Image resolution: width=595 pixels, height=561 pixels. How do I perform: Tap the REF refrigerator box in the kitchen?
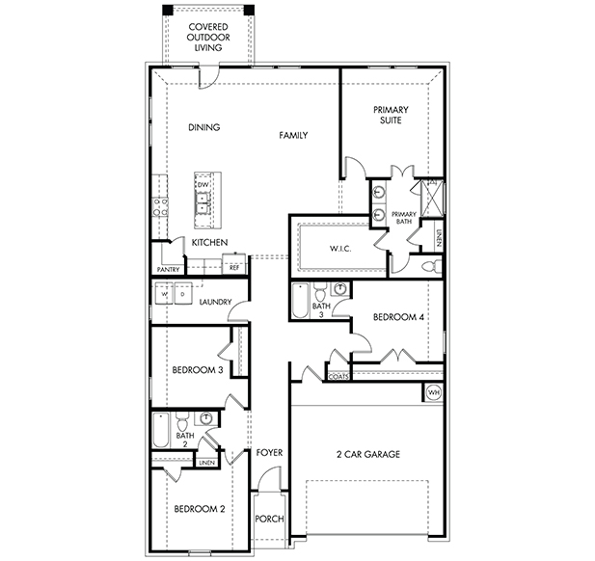(234, 263)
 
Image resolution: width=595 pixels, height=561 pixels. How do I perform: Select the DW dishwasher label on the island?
(203, 185)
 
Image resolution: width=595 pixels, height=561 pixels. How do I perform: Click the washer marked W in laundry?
(164, 293)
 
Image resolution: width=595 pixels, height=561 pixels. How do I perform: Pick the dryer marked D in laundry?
(183, 293)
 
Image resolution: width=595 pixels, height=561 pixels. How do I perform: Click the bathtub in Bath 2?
(160, 431)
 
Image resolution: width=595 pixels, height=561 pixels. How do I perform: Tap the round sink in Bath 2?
(206, 418)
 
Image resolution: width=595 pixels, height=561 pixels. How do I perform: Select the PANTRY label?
(168, 269)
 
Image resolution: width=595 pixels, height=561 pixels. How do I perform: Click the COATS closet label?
(338, 377)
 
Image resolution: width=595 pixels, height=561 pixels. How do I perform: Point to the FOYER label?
(269, 452)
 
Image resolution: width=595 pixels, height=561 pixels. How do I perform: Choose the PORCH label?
(269, 519)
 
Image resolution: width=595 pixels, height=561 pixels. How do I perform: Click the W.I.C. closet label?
(340, 249)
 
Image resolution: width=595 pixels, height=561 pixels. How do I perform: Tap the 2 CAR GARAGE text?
(368, 454)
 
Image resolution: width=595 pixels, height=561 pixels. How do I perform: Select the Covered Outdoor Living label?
(208, 38)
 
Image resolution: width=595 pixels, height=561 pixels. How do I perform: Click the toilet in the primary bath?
(433, 266)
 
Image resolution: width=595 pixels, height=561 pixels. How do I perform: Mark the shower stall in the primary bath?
(432, 198)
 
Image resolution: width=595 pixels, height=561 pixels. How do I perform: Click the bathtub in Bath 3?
(301, 301)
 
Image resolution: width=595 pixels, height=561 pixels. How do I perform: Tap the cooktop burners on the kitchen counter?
(160, 207)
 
